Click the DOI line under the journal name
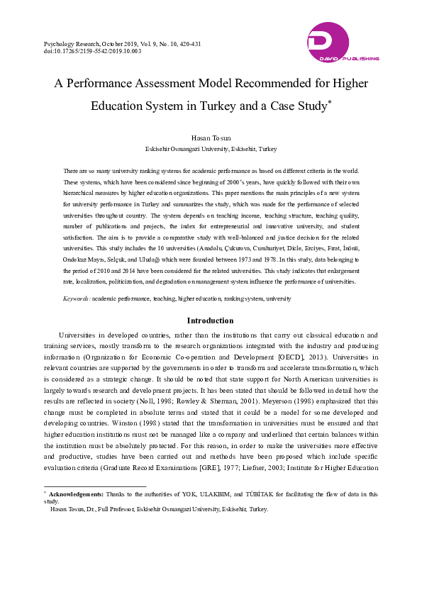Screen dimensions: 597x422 click(82, 51)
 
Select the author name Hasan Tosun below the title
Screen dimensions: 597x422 click(211, 136)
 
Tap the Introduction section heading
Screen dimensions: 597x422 click(211, 320)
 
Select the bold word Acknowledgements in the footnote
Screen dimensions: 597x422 click(75, 493)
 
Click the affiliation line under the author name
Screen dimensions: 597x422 click(211, 149)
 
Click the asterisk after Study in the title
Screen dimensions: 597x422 click(330, 103)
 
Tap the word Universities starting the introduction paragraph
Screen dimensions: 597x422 click(82, 334)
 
